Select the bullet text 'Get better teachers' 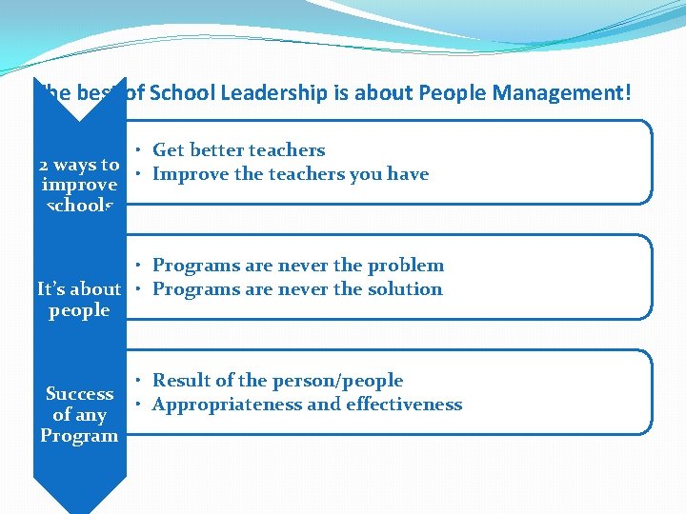pos(238,149)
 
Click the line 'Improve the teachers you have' pos(291,174)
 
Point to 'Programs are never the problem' pos(298,266)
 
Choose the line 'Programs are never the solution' pos(297,289)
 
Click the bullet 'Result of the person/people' pos(277,381)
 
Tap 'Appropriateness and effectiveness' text pos(307,405)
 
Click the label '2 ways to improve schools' pos(79,185)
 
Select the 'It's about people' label pos(79,300)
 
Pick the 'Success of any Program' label pos(79,415)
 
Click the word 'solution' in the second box pos(407,289)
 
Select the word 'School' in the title pos(180,93)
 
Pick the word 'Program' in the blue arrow pos(79,436)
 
